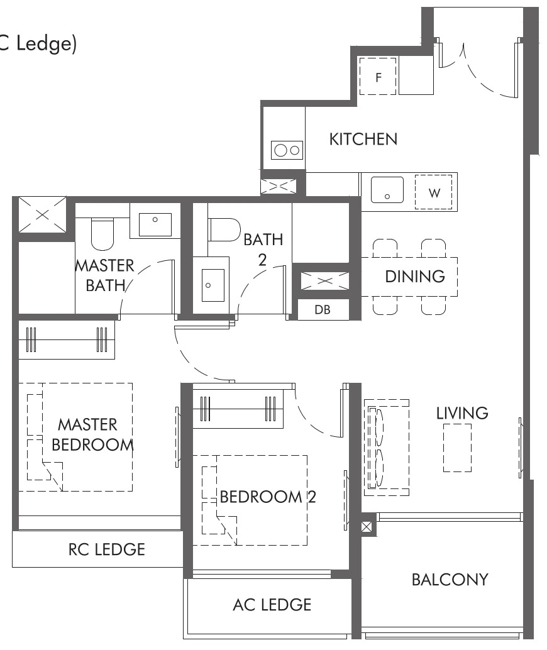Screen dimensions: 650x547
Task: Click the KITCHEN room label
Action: pyautogui.click(x=363, y=139)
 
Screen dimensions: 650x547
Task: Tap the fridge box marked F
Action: pyautogui.click(x=378, y=77)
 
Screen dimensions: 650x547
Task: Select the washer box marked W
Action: pyautogui.click(x=434, y=192)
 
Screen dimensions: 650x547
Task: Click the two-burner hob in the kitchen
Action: pyautogui.click(x=287, y=150)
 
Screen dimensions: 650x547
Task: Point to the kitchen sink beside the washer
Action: pyautogui.click(x=387, y=190)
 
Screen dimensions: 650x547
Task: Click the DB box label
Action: pyautogui.click(x=323, y=310)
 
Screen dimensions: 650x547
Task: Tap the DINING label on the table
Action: pyautogui.click(x=414, y=276)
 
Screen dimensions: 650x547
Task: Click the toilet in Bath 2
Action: pyautogui.click(x=224, y=229)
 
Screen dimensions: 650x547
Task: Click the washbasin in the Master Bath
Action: pyautogui.click(x=155, y=224)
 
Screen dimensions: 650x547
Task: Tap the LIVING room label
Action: pyautogui.click(x=462, y=413)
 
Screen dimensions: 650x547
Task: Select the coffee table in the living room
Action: pyautogui.click(x=457, y=447)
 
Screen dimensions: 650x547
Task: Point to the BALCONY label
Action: pyautogui.click(x=450, y=579)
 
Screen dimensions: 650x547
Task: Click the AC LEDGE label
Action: pyautogui.click(x=272, y=605)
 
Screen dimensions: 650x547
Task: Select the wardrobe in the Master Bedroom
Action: pyautogui.click(x=67, y=339)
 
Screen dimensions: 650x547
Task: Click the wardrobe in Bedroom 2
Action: pyautogui.click(x=238, y=407)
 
